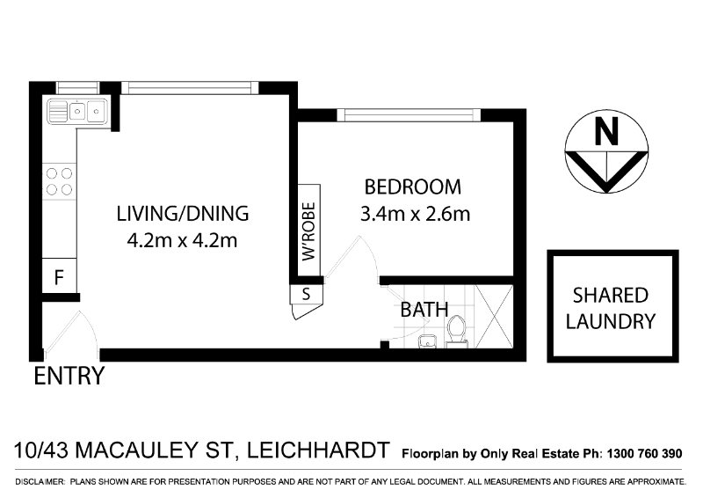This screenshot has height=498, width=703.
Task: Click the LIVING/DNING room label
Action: [x=183, y=213]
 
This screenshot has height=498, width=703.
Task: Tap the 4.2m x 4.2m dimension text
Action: [x=183, y=239]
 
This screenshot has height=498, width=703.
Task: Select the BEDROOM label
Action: [x=412, y=187]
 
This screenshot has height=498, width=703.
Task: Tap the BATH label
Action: [x=424, y=310]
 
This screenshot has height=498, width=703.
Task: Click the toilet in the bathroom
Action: [x=456, y=331]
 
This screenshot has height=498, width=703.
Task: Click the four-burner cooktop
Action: [x=59, y=181]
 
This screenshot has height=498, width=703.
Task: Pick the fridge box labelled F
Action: [x=59, y=277]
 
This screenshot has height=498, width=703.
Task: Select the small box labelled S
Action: [x=306, y=294]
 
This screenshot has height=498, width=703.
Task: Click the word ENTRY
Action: [x=69, y=377]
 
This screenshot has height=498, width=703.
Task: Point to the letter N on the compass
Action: [x=605, y=133]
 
